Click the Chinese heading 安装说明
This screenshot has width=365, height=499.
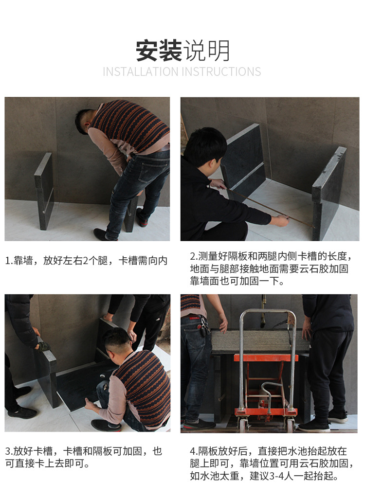pyautogui.click(x=182, y=51)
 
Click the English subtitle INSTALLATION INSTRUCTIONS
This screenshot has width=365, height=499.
pyautogui.click(x=182, y=71)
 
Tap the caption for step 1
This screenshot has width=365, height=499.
pyautogui.click(x=86, y=261)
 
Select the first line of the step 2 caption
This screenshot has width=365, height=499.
pyautogui.click(x=271, y=256)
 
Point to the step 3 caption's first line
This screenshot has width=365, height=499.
pyautogui.click(x=83, y=451)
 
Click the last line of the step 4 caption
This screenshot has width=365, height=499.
pyautogui.click(x=264, y=476)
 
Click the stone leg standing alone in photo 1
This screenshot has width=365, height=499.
pyautogui.click(x=44, y=191)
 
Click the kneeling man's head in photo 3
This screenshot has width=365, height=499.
pyautogui.click(x=117, y=342)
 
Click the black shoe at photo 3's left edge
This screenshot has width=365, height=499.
pyautogui.click(x=22, y=412)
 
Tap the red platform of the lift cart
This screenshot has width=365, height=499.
pyautogui.click(x=266, y=357)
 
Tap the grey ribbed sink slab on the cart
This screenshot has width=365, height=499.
pyautogui.click(x=260, y=340)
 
